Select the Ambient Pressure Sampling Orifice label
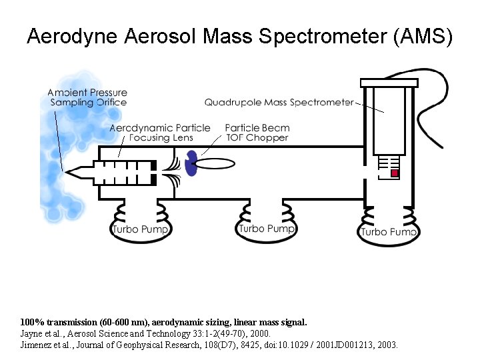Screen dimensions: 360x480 [x=88, y=97]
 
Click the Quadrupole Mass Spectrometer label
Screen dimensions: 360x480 [x=279, y=103]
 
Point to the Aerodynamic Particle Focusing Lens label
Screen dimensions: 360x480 [x=160, y=133]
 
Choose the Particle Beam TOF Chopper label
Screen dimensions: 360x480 [x=257, y=133]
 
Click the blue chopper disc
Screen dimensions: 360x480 [x=191, y=164]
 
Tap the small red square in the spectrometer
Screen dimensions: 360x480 [x=394, y=173]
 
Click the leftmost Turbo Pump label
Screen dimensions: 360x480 [x=141, y=229]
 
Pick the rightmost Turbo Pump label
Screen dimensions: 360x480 [x=389, y=232]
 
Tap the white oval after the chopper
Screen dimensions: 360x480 [x=219, y=163]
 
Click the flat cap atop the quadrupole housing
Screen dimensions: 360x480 [x=389, y=83]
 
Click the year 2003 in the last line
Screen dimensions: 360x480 [x=386, y=345]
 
